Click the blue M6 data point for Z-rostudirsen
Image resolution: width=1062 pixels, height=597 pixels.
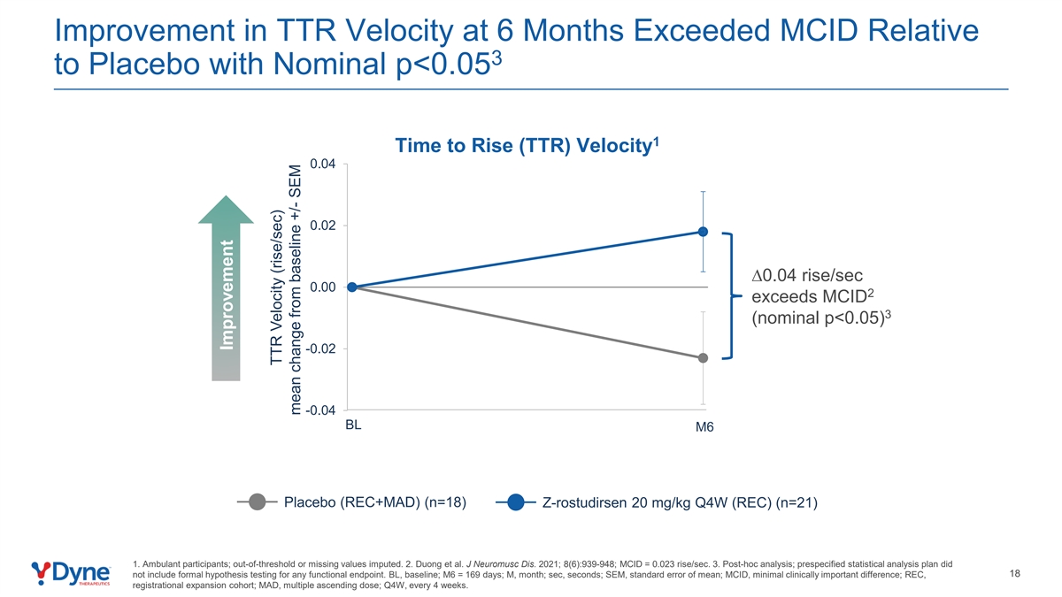703,232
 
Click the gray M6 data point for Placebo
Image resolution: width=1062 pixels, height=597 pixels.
703,358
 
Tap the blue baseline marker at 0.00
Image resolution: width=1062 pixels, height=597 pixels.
352,287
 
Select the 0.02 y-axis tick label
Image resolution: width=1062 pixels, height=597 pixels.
321,226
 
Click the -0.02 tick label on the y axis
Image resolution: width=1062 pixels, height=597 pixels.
319,348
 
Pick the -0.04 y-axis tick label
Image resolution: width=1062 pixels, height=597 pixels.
319,410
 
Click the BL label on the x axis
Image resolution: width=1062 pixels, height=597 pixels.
353,425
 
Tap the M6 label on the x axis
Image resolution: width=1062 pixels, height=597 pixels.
704,428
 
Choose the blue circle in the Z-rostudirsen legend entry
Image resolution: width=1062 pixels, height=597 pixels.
517,502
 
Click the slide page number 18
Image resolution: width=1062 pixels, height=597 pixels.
1014,574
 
